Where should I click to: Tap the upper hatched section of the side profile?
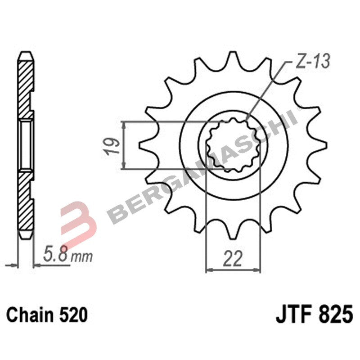(26, 85)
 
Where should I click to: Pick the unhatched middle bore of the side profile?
(26, 145)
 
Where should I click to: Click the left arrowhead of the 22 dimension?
(208, 270)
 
